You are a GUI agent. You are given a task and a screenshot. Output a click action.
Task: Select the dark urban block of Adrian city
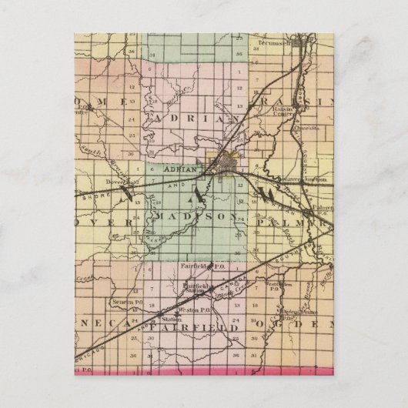point(229,164)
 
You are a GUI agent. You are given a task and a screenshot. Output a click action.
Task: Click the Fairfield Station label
point(198,288)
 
